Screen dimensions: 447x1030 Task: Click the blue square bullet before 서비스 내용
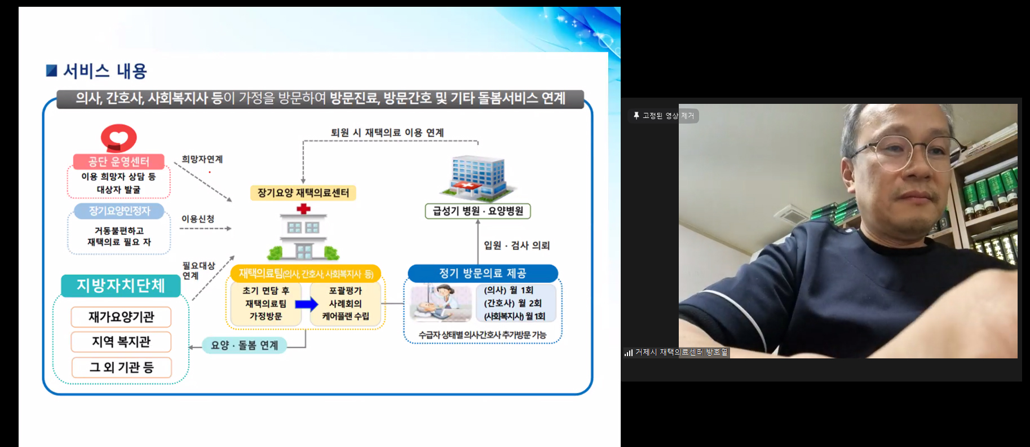click(x=52, y=71)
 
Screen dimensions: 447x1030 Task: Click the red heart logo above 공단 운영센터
click(x=118, y=138)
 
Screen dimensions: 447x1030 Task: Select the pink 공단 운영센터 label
click(x=118, y=162)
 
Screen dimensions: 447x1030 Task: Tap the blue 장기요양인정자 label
click(x=119, y=211)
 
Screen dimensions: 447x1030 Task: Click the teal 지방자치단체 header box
click(x=121, y=286)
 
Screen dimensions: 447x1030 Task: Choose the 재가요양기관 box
click(x=121, y=317)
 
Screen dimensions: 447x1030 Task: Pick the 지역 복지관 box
click(x=121, y=342)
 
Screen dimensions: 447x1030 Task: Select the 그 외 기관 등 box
click(x=121, y=367)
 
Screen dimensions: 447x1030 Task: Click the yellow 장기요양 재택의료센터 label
click(x=303, y=193)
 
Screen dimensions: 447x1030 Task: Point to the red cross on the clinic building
click(x=303, y=209)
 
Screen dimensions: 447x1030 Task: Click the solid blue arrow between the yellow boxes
click(x=306, y=304)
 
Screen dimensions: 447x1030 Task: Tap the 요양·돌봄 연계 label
click(x=244, y=345)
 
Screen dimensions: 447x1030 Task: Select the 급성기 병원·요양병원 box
click(x=478, y=211)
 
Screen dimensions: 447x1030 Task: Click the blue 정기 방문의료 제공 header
click(x=483, y=273)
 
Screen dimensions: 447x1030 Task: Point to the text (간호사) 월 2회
click(x=512, y=303)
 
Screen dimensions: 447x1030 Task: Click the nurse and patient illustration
click(x=441, y=303)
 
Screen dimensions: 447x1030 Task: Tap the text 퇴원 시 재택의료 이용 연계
click(x=387, y=133)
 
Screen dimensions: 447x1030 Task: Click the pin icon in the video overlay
click(x=636, y=116)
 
